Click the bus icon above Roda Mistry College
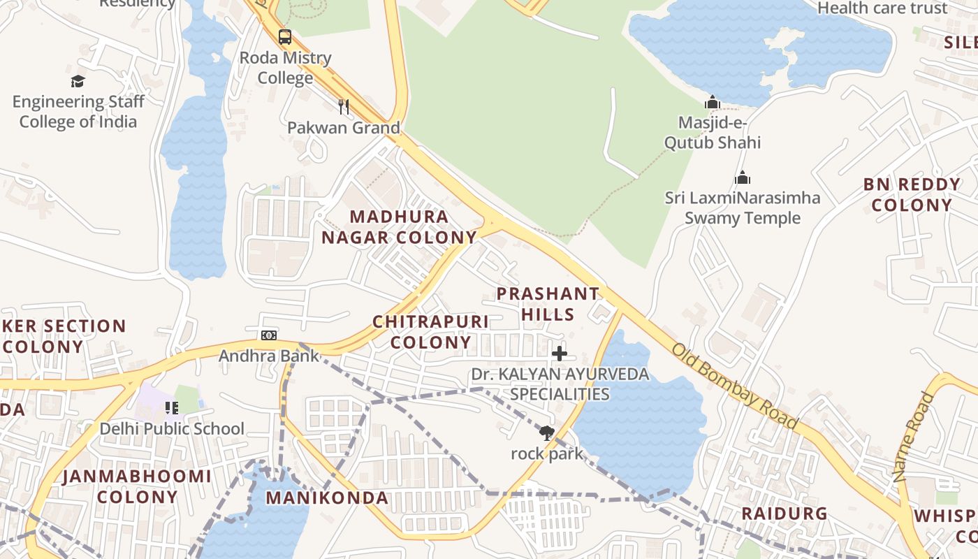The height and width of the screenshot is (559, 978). [285, 37]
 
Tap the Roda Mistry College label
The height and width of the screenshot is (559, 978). [285, 68]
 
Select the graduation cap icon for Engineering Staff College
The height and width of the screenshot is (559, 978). [78, 82]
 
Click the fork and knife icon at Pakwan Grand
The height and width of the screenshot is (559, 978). [343, 107]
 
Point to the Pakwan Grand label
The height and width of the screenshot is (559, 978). [344, 128]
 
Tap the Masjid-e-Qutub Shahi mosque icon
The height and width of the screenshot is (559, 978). [713, 103]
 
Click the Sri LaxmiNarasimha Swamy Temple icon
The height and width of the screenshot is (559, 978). [743, 177]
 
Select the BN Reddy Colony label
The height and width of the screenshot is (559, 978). [912, 195]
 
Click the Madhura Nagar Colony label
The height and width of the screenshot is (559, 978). [399, 227]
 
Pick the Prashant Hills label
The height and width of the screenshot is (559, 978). [548, 304]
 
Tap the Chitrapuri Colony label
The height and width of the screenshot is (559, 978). [430, 332]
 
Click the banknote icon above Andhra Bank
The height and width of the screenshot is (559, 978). [269, 335]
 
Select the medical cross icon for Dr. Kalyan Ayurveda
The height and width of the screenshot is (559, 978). [560, 354]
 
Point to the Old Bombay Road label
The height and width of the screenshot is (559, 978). [735, 386]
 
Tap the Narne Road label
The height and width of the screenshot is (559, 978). [914, 437]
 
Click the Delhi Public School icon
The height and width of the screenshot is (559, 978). [171, 407]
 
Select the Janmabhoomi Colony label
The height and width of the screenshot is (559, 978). [137, 486]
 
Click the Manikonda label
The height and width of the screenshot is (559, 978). [327, 498]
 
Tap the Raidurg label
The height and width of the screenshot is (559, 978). [784, 514]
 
